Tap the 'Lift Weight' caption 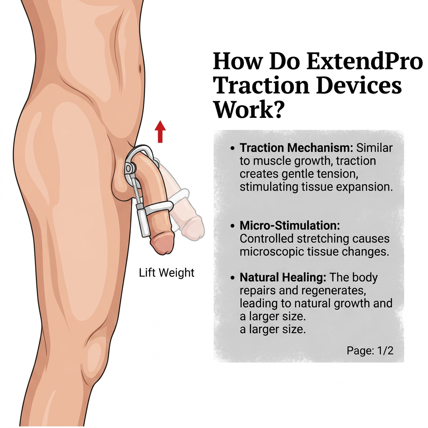click(166, 273)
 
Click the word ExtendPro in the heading click(364, 61)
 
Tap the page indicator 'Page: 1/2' click(370, 350)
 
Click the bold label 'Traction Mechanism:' click(296, 148)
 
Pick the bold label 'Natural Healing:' click(283, 278)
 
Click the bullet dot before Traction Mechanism click(232, 148)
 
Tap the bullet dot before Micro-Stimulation click(232, 226)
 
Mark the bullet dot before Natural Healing click(232, 278)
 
